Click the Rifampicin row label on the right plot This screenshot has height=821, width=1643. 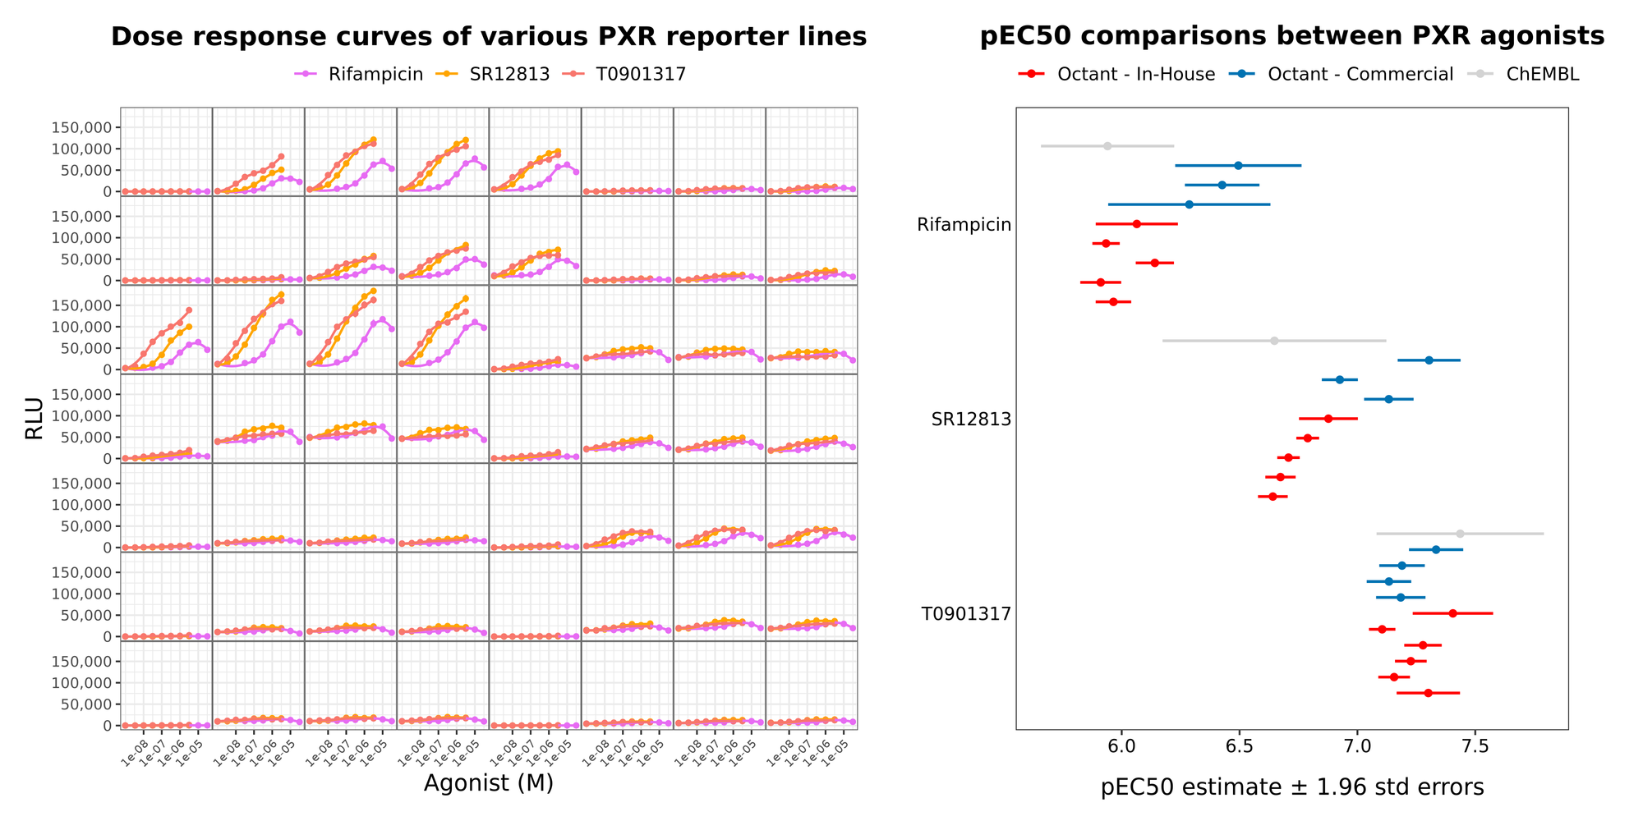pyautogui.click(x=964, y=225)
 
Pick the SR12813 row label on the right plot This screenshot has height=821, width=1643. pyautogui.click(x=971, y=420)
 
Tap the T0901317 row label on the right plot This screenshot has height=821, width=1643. pyautogui.click(x=966, y=614)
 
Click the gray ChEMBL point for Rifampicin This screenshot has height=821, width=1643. pyautogui.click(x=1107, y=146)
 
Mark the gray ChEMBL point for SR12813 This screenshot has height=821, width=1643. pyautogui.click(x=1274, y=341)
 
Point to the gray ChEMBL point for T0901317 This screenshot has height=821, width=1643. pyautogui.click(x=1461, y=534)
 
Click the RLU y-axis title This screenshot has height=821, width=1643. pyautogui.click(x=35, y=418)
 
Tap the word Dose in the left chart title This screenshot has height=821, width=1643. pyautogui.click(x=139, y=37)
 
